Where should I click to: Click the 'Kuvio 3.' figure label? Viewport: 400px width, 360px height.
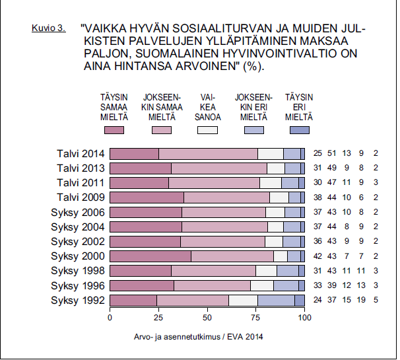[x=48, y=28]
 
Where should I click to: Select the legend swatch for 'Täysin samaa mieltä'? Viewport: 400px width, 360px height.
[x=114, y=130]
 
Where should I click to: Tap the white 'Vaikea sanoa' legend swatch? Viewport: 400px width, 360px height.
[x=207, y=130]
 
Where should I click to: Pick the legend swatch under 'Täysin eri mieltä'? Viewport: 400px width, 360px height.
[x=300, y=130]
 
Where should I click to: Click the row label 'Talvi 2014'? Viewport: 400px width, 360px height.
[x=81, y=154]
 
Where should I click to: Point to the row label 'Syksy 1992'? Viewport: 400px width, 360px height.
[x=78, y=301]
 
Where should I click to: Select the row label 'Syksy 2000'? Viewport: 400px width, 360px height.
[x=78, y=256]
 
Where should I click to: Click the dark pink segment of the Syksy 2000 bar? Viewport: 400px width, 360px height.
[x=150, y=256]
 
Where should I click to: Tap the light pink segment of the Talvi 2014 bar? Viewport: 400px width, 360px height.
[x=208, y=154]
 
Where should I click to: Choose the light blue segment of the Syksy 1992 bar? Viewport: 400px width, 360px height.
[x=277, y=301]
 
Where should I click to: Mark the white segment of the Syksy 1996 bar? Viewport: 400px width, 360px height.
[x=262, y=285]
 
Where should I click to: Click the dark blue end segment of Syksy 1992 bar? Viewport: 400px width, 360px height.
[x=300, y=301]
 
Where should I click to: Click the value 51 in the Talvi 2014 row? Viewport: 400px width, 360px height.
[x=332, y=153]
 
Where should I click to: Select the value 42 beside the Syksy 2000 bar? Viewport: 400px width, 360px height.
[x=317, y=256]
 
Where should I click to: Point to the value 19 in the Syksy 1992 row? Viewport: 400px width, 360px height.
[x=361, y=300]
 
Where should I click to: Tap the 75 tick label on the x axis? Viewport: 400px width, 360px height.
[x=256, y=318]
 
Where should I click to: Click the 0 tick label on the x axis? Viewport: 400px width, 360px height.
[x=110, y=318]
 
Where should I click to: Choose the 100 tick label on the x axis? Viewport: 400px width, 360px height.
[x=304, y=318]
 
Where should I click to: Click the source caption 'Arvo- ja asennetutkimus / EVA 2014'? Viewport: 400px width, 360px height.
[x=198, y=337]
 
